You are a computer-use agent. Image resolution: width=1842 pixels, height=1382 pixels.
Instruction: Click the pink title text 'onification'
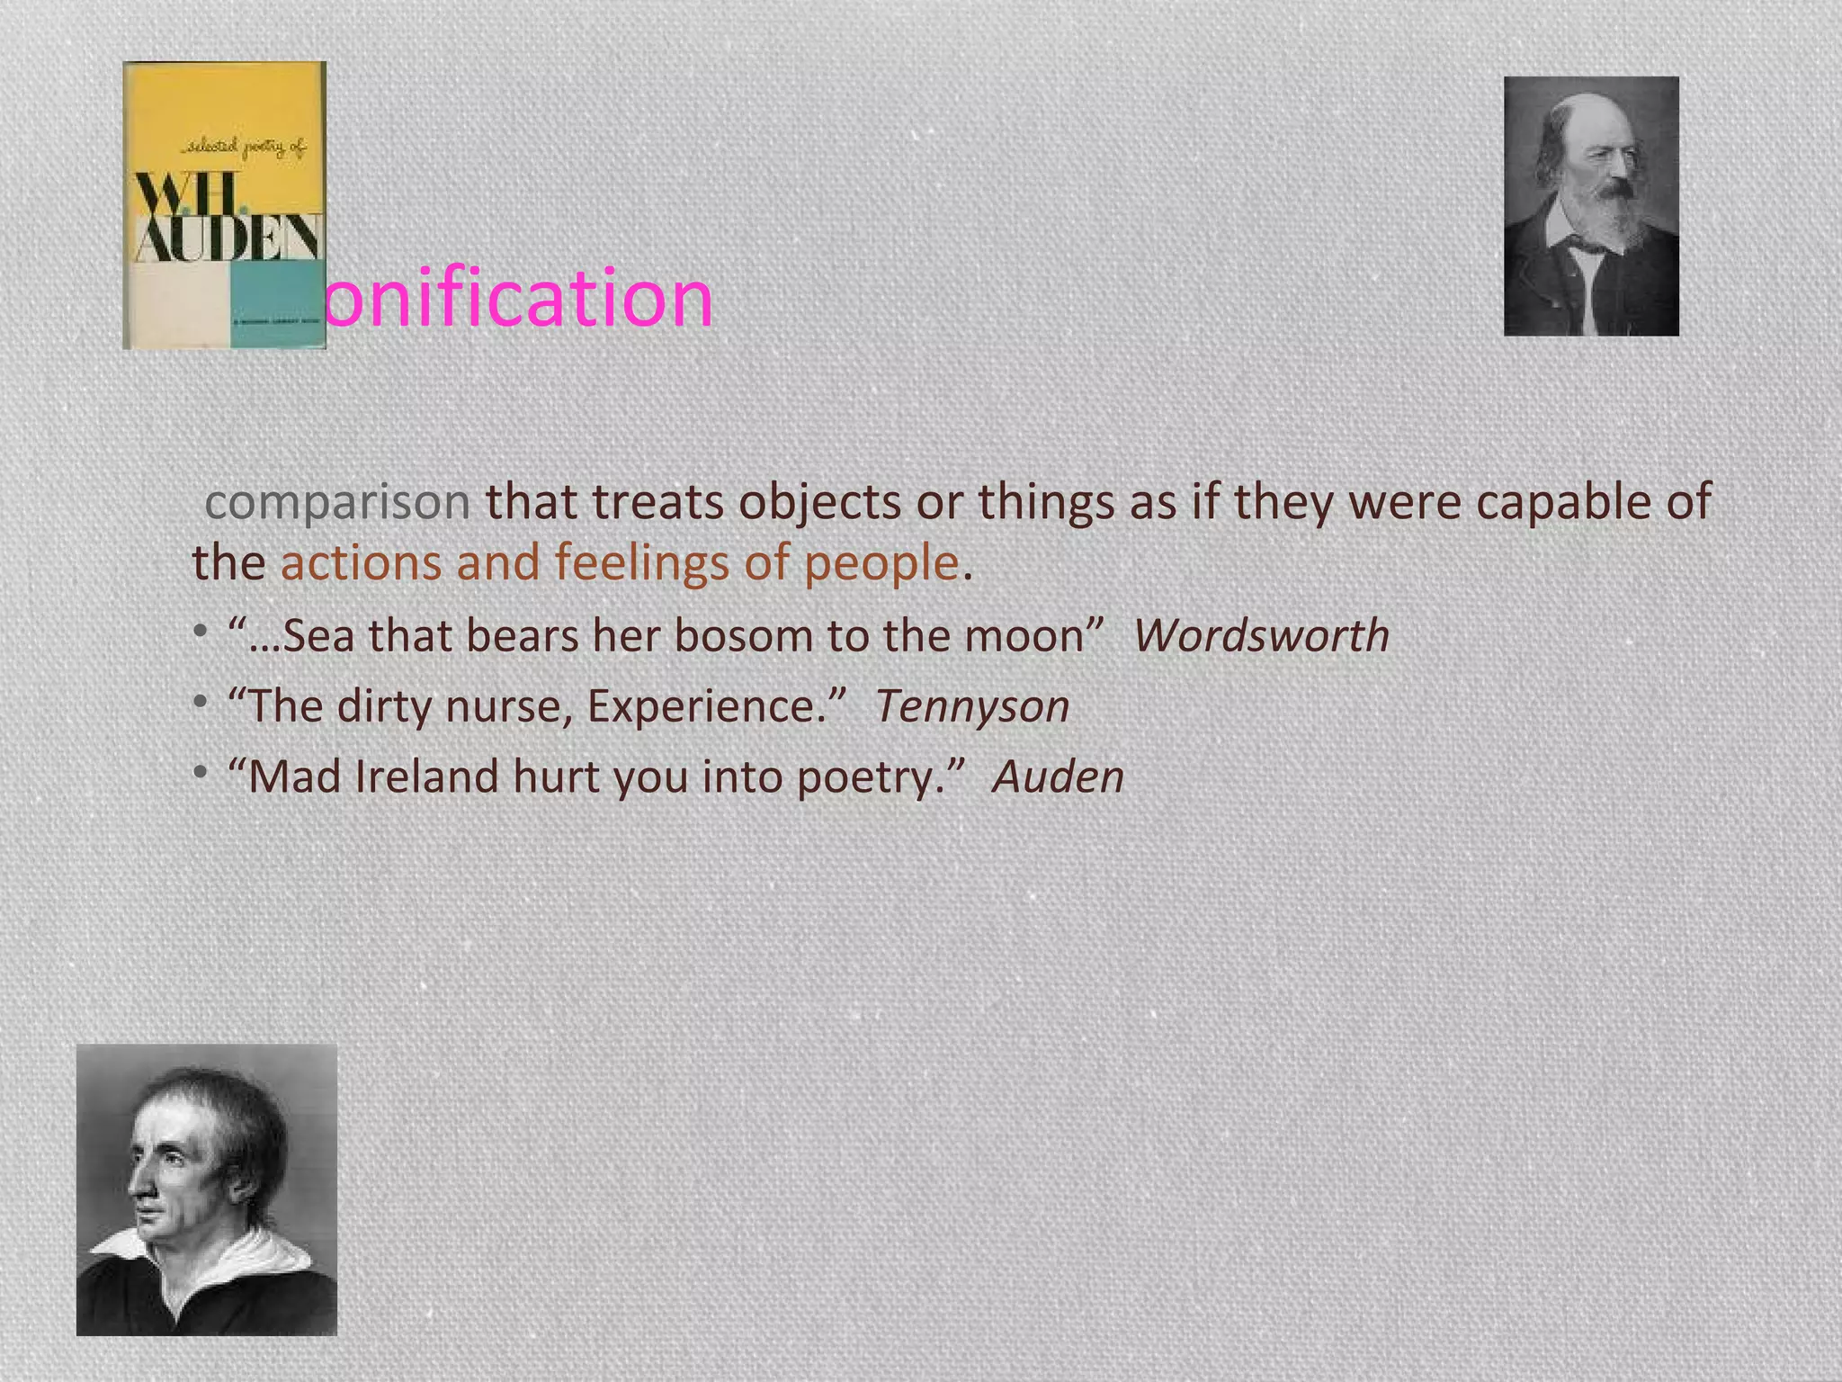click(518, 298)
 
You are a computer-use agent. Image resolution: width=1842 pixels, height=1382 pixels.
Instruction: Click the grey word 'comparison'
click(337, 502)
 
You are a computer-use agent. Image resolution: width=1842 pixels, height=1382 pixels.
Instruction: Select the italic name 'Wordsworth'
click(1261, 636)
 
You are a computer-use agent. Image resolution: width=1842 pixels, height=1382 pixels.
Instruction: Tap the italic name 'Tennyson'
click(972, 706)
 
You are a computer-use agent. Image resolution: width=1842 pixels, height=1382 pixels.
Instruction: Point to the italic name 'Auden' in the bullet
click(1058, 776)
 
